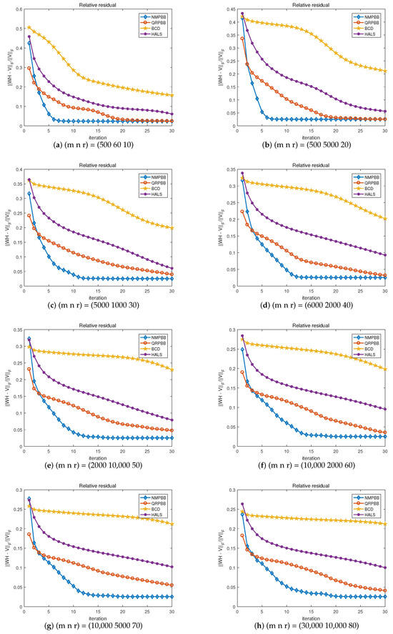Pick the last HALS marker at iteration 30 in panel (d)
tap(385, 255)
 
